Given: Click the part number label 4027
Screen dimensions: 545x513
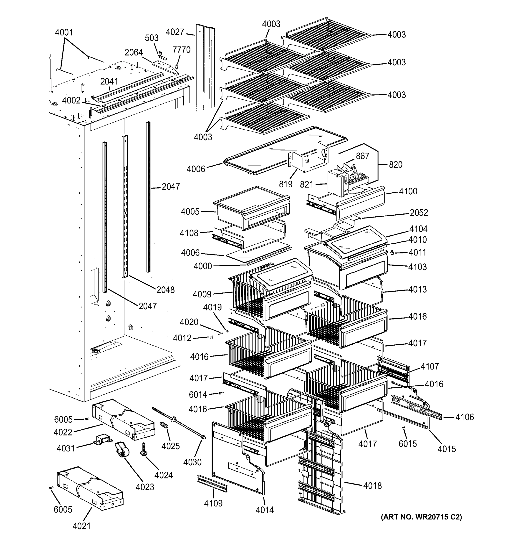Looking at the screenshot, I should [x=175, y=32].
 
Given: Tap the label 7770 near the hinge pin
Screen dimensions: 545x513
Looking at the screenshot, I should [x=181, y=50].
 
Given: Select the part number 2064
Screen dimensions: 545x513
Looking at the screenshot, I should [x=134, y=52].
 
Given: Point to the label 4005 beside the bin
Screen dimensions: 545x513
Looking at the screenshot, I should [x=190, y=212].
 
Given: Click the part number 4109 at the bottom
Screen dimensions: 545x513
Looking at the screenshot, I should [x=213, y=503].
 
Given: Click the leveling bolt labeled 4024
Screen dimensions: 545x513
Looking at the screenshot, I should [x=143, y=450].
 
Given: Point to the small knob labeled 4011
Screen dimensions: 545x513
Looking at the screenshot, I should [x=392, y=253].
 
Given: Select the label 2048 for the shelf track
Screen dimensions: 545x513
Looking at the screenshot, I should [x=165, y=290].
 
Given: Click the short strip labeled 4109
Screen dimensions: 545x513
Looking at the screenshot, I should [x=212, y=484].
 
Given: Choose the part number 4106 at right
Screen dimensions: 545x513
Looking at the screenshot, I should [x=464, y=417].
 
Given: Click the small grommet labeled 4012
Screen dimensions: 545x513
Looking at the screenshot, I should [x=212, y=337].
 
